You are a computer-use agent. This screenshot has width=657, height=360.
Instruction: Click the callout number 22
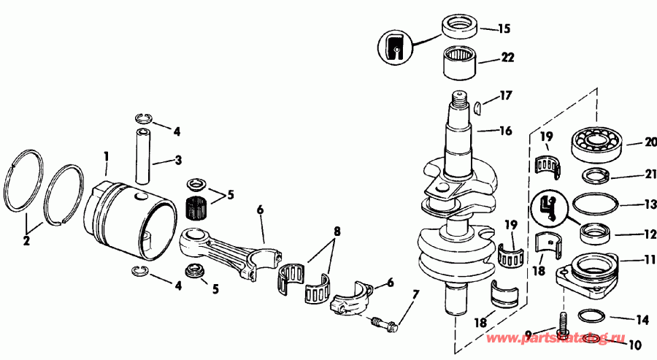point(507,57)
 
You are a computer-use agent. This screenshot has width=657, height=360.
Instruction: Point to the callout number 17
point(506,95)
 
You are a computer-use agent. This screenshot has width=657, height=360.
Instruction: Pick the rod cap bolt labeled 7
point(385,321)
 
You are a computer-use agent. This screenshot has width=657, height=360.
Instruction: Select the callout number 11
point(650,259)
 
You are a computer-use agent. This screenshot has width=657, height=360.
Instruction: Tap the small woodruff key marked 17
point(478,107)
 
